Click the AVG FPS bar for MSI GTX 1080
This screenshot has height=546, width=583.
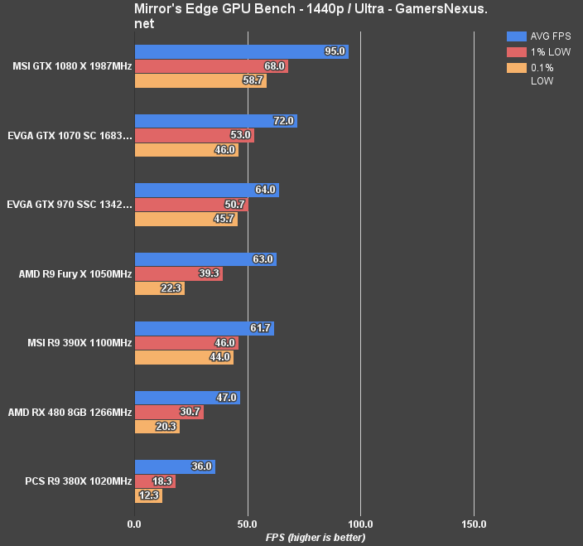[241, 52]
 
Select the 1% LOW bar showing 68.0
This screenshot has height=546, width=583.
[210, 66]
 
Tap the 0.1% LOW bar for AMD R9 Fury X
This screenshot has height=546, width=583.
[159, 288]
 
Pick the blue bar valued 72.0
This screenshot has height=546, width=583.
[215, 121]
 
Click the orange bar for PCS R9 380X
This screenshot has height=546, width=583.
[147, 496]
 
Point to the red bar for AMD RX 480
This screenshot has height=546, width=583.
[168, 413]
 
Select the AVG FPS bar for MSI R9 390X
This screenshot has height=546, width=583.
[204, 329]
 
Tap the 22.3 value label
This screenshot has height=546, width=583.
[170, 288]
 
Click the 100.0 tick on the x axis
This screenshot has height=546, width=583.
[360, 524]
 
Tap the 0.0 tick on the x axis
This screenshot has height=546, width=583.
[134, 524]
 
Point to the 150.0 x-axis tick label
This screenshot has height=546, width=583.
[473, 524]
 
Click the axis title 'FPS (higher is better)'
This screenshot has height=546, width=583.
[303, 537]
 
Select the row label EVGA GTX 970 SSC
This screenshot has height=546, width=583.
[69, 205]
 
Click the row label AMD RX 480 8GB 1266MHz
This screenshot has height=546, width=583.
[70, 413]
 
